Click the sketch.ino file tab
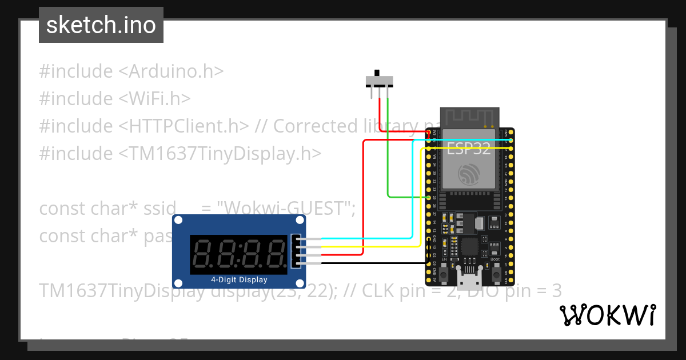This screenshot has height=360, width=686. click(101, 25)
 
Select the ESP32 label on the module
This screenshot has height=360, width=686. click(468, 149)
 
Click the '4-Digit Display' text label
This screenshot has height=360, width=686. click(239, 280)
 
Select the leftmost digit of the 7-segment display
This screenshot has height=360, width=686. click(204, 252)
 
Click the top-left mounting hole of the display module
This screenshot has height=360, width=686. click(178, 221)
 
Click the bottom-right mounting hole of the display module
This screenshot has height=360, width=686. click(300, 283)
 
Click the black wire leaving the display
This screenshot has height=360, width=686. click(372, 263)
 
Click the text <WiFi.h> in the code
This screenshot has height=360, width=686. click(154, 99)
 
